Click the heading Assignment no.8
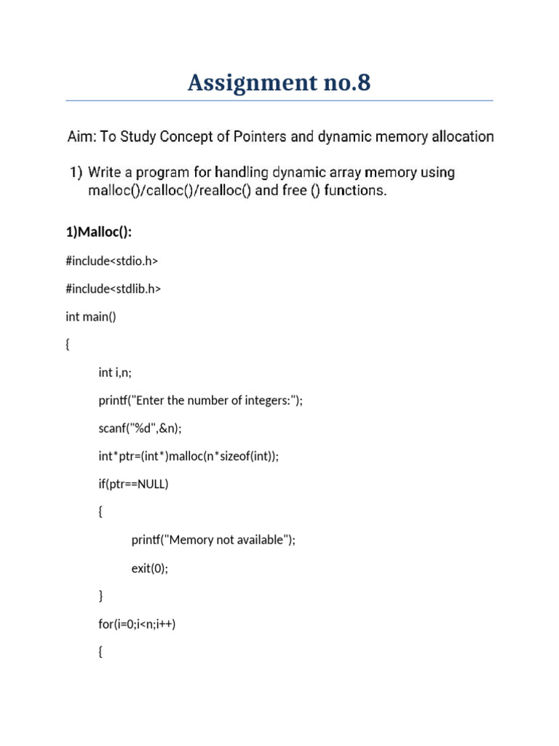[279, 83]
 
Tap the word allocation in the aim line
[459, 136]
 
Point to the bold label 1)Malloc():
[99, 232]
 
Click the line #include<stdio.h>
[111, 260]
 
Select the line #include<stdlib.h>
[113, 288]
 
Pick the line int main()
[90, 316]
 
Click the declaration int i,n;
[115, 372]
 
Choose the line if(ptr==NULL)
[133, 484]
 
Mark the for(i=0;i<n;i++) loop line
[137, 624]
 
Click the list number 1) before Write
[76, 173]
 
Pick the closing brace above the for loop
[100, 596]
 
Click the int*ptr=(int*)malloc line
[189, 456]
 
